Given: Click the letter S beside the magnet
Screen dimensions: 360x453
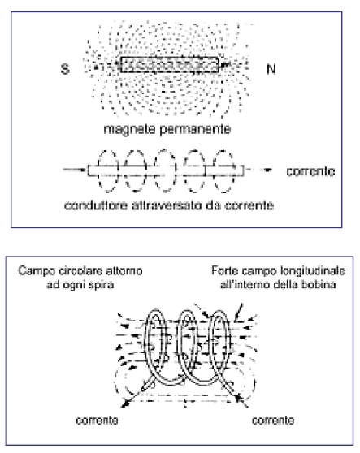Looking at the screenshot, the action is coord(65,69).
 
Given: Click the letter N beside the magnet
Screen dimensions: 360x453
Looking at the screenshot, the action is coord(271,69).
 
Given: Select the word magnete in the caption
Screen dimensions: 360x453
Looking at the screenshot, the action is coord(130,129).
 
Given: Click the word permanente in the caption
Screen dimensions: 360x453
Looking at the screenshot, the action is coord(196,129).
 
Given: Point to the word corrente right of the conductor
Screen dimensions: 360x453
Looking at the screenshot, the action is coord(310,171).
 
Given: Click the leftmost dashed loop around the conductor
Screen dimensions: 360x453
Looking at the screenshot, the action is coord(98,170).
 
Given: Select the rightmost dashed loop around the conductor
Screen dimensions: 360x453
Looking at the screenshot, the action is coord(214,170).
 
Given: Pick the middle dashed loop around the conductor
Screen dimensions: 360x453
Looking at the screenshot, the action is coord(154,170).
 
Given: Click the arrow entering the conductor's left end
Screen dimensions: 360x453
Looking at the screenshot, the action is coord(75,170).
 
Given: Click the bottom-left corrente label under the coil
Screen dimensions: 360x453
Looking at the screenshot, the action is coord(97,420).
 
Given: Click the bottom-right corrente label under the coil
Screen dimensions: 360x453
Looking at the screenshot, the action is coord(273,420).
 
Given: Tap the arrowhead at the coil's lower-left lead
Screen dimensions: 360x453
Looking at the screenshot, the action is coord(124,403).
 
